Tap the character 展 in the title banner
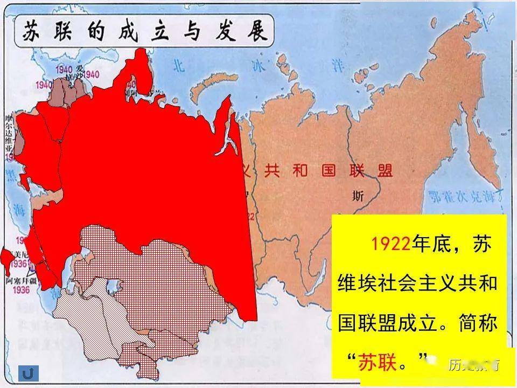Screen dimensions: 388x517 (x=257, y=32)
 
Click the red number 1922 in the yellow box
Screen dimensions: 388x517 (x=390, y=244)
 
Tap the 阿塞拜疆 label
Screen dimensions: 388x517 (x=22, y=281)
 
